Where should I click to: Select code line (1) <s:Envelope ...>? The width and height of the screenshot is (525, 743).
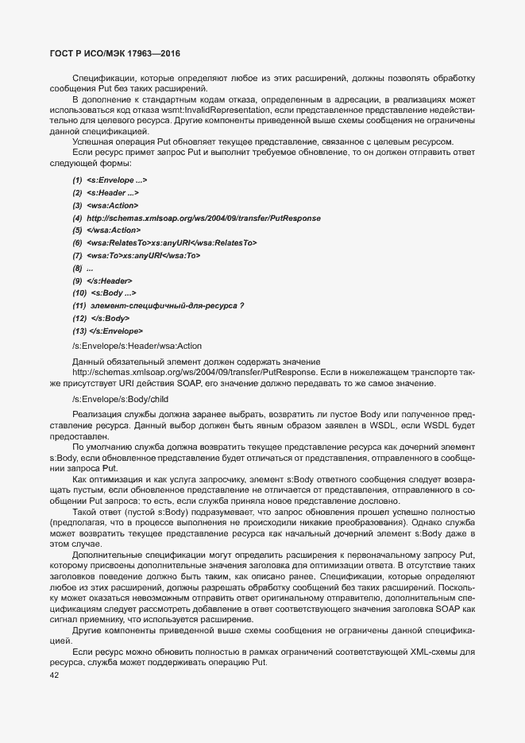click(x=110, y=180)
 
